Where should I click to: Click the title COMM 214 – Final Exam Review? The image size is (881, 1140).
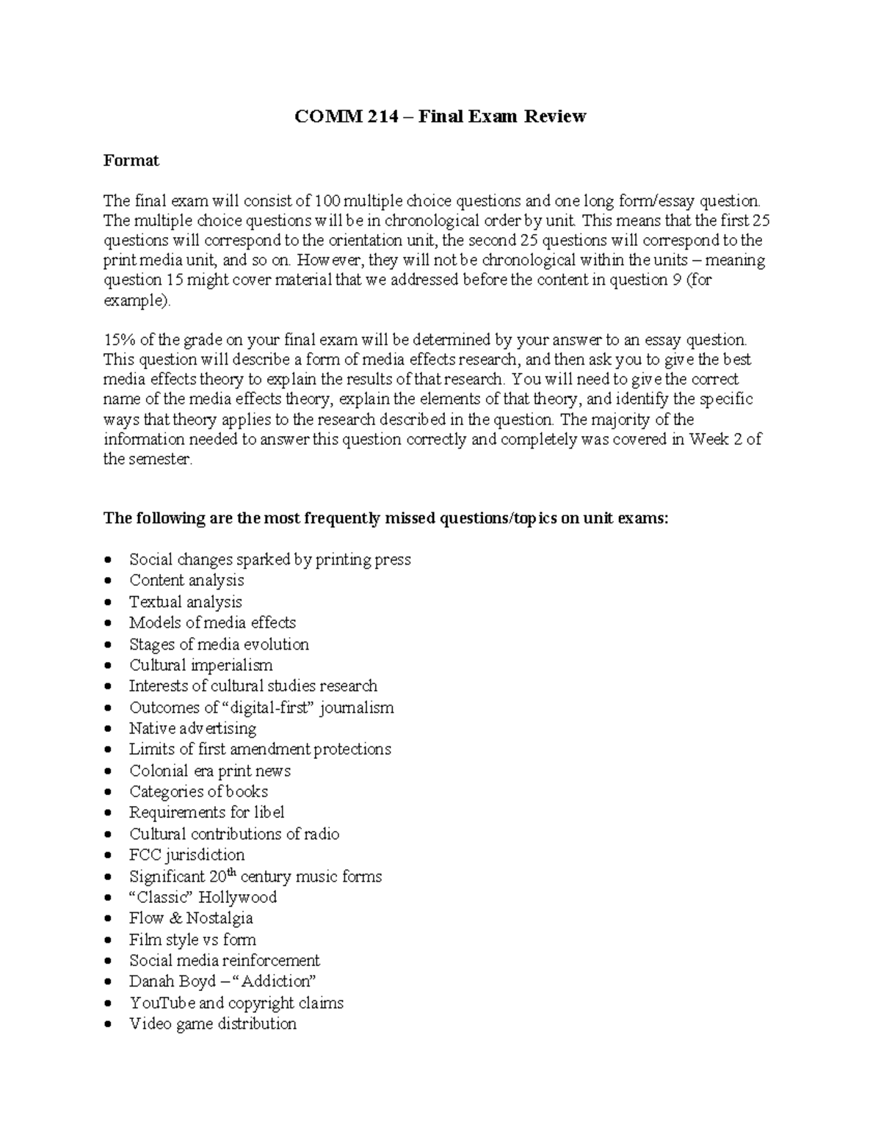tap(440, 117)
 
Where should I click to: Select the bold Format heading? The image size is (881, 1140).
tap(131, 161)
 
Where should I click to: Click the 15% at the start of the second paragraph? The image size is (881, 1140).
tap(117, 340)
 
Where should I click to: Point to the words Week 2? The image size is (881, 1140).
tap(716, 440)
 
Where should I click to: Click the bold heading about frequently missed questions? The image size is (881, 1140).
tap(386, 518)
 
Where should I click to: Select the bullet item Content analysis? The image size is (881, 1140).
tap(186, 581)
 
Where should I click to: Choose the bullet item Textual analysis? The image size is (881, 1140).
tap(186, 602)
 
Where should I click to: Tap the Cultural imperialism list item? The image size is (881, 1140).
tap(201, 665)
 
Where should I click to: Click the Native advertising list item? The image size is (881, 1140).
tap(192, 729)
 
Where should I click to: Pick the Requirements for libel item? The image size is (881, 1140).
tap(206, 813)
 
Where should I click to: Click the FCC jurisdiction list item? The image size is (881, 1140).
tap(186, 855)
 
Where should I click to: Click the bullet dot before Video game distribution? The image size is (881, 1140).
tap(109, 1024)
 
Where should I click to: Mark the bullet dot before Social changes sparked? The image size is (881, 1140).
tap(109, 560)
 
